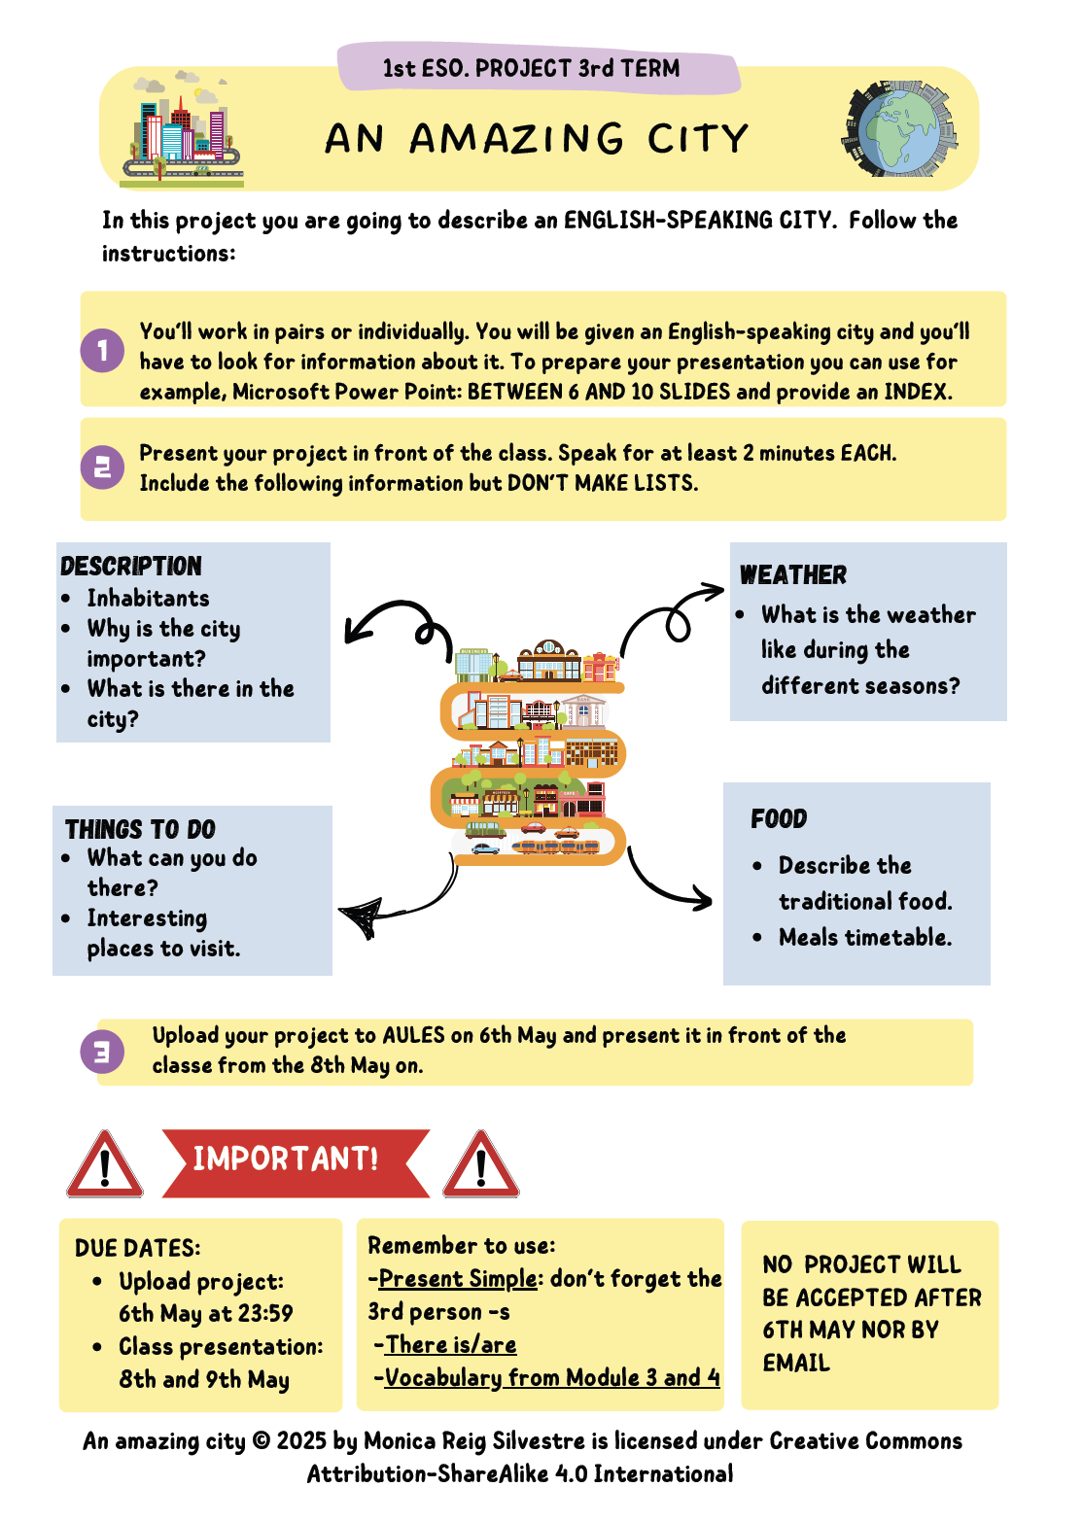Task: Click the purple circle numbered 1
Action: (102, 351)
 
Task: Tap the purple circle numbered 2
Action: (102, 467)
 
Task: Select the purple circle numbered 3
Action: (102, 1051)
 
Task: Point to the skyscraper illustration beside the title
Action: (183, 128)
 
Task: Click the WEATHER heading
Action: (793, 575)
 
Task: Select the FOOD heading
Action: (779, 819)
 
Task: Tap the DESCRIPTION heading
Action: (131, 566)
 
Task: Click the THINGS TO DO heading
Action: (141, 829)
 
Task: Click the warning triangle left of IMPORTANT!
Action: (105, 1164)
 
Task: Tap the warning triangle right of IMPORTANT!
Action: (480, 1164)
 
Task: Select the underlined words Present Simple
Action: (458, 1278)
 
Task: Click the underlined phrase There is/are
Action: (451, 1344)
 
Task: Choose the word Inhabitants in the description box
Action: (148, 598)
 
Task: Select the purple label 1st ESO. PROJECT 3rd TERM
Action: (532, 68)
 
